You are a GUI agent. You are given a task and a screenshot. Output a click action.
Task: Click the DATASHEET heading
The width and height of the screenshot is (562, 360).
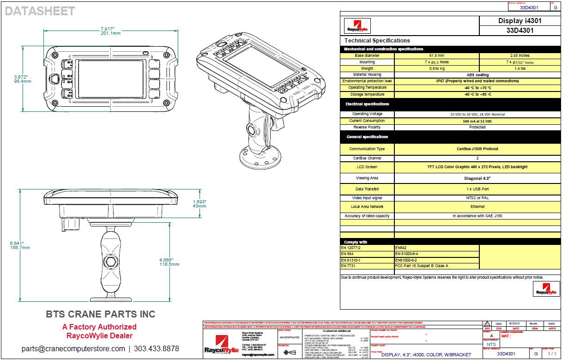40,12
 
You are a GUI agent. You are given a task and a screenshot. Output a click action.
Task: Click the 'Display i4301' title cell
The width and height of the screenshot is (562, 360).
520,21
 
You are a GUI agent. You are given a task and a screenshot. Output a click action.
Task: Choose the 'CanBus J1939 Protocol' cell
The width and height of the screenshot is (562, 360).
477,149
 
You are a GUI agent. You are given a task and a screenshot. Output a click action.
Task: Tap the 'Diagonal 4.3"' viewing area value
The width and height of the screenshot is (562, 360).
477,178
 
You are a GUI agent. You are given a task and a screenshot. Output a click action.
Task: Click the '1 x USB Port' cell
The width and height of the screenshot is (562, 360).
477,189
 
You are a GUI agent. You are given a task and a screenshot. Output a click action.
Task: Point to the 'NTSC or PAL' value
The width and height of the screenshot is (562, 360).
477,198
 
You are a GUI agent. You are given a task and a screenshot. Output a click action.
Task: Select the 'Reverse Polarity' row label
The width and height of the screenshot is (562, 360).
367,127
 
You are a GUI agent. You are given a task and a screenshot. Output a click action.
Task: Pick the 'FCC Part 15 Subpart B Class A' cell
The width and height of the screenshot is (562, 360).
422,266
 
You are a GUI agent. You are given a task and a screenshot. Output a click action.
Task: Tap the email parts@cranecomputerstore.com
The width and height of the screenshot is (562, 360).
73,348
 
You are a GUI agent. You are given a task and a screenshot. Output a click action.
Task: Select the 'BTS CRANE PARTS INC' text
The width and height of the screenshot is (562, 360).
100,314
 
